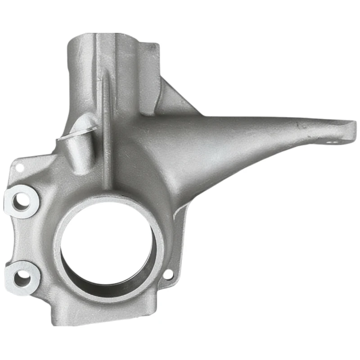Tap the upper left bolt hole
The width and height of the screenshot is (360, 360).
tap(20, 201)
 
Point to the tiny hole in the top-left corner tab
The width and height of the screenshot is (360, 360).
tap(19, 167)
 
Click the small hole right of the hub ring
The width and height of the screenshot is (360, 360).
tap(168, 273)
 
